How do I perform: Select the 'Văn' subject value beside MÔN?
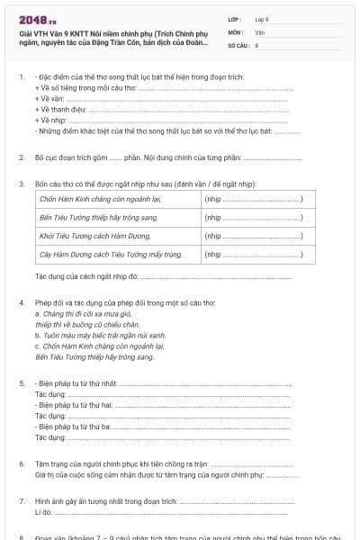point(259,31)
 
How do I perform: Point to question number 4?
point(22,303)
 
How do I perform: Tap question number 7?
point(22,499)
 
